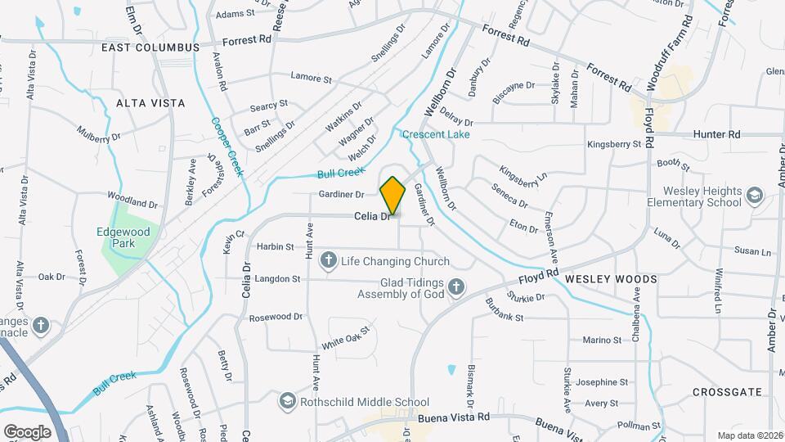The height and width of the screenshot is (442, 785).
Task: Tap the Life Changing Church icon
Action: (x=329, y=261)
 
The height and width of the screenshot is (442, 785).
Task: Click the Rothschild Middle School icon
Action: (x=287, y=402)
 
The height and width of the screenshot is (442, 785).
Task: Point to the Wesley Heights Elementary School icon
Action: (x=753, y=196)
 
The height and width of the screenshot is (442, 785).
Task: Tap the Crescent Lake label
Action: (x=436, y=134)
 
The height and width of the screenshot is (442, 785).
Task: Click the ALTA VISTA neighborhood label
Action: (x=150, y=103)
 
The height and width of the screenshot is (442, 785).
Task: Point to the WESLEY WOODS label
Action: (x=611, y=279)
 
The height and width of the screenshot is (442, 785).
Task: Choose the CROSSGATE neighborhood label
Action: (x=720, y=392)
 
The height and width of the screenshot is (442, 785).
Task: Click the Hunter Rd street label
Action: (x=715, y=133)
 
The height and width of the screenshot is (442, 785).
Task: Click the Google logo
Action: (x=27, y=431)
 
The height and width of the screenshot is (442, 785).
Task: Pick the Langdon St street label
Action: (x=277, y=279)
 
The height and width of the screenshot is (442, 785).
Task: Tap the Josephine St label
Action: (x=601, y=382)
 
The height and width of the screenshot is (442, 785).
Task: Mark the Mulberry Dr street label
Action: (x=98, y=133)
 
